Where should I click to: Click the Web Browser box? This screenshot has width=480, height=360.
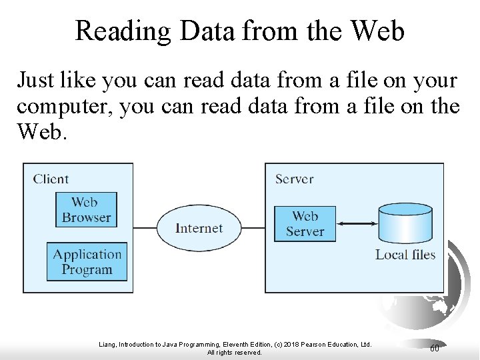pyautogui.click(x=86, y=209)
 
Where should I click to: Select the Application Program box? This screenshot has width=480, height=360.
pyautogui.click(x=87, y=261)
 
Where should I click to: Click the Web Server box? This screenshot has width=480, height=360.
pyautogui.click(x=305, y=224)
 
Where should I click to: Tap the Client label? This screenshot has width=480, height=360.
pyautogui.click(x=51, y=178)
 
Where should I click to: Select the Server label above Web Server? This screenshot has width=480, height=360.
pyautogui.click(x=294, y=178)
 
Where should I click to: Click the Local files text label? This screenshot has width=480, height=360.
pyautogui.click(x=405, y=254)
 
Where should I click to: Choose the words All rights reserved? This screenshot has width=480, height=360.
pyautogui.click(x=235, y=352)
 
